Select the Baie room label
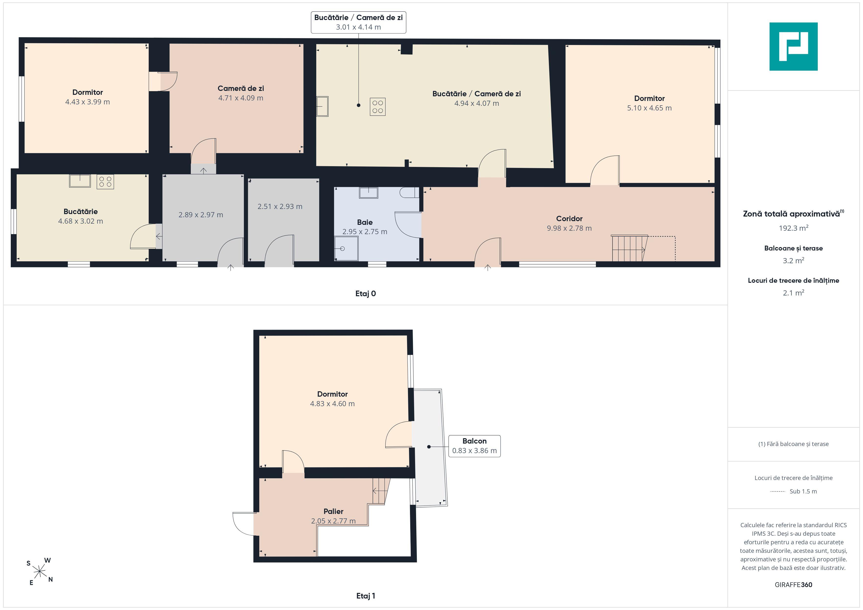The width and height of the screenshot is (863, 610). click(364, 222)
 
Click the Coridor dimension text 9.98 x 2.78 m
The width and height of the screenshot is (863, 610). click(569, 228)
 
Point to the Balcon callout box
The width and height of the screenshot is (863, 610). click(474, 446)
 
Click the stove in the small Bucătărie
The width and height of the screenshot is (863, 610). click(105, 182)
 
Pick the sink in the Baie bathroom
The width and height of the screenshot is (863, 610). click(368, 193)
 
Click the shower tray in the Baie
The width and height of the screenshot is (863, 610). click(346, 248)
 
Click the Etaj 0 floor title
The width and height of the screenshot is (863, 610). click(365, 294)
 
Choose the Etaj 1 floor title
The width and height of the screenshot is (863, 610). click(365, 596)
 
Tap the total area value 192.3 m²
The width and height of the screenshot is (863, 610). click(794, 228)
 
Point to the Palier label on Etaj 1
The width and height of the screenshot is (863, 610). click(333, 511)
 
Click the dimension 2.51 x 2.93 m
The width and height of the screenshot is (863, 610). click(280, 206)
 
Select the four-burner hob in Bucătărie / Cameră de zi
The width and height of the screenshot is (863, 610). click(378, 107)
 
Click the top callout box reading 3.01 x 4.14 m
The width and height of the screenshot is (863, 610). click(358, 22)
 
